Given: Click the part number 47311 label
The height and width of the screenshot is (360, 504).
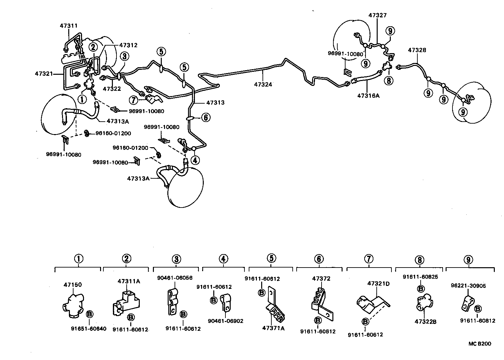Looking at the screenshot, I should click(69, 25).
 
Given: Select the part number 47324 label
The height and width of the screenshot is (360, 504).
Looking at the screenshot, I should click(263, 84).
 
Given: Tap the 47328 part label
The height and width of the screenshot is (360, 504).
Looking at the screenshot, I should click(417, 50).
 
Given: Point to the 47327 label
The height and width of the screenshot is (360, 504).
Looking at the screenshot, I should click(377, 15).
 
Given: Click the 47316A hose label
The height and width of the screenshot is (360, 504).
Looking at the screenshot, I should click(368, 95).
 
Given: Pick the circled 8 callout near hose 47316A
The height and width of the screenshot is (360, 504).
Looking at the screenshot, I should click(388, 80).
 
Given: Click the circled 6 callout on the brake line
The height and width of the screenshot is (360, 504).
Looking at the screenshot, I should click(205, 117).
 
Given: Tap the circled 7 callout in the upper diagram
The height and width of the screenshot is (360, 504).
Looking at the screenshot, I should click(133, 100).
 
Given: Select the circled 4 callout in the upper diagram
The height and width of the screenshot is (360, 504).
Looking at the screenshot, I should click(195, 160).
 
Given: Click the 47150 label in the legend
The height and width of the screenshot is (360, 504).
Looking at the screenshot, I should click(73, 285).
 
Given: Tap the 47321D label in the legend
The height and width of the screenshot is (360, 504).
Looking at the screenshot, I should click(378, 284).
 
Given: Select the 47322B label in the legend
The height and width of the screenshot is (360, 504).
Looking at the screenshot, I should click(425, 322).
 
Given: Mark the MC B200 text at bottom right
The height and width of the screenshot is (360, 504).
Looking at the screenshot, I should click(479, 344).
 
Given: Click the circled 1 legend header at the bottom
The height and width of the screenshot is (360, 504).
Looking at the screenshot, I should click(78, 259).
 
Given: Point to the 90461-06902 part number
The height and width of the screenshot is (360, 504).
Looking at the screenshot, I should click(226, 321).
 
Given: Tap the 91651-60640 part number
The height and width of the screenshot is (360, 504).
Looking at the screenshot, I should click(89, 329).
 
